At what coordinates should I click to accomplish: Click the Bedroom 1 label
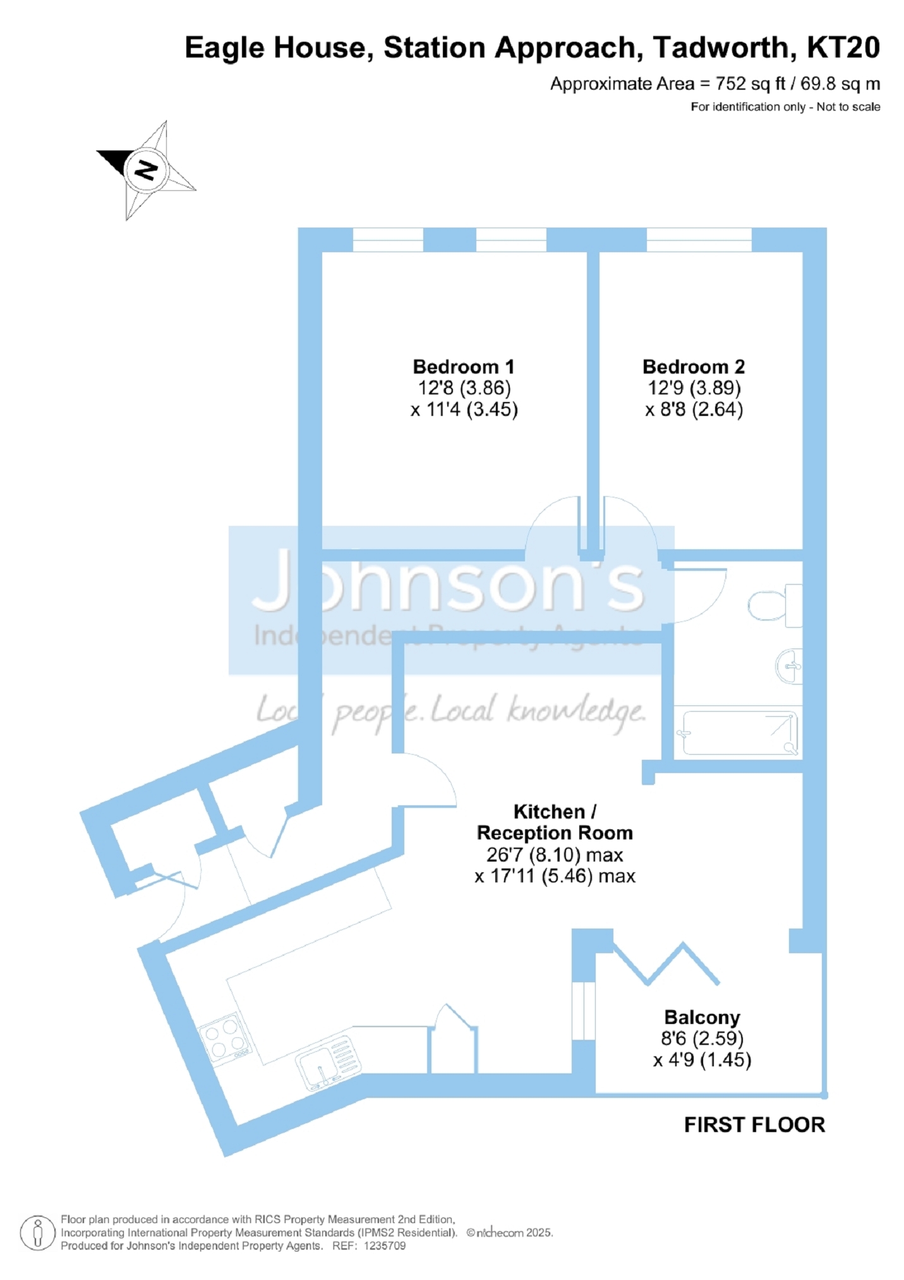click(x=463, y=367)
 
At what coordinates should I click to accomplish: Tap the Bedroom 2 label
click(x=694, y=367)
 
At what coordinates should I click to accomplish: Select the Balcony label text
click(x=702, y=1017)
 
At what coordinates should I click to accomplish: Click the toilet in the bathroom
click(x=774, y=605)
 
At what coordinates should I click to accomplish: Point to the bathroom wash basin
click(x=788, y=666)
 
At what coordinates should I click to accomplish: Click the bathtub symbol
click(x=737, y=733)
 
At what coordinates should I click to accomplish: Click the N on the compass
click(x=147, y=169)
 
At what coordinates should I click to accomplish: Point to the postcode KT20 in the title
click(x=843, y=48)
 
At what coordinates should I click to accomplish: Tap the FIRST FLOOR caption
click(x=754, y=1125)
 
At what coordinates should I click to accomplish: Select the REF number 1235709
click(x=384, y=1246)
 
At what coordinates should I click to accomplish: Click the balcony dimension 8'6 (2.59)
click(x=702, y=1039)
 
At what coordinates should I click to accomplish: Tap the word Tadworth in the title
click(x=720, y=48)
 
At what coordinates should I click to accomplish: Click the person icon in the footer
click(x=38, y=1233)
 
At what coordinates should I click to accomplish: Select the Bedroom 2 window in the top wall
click(x=699, y=240)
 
